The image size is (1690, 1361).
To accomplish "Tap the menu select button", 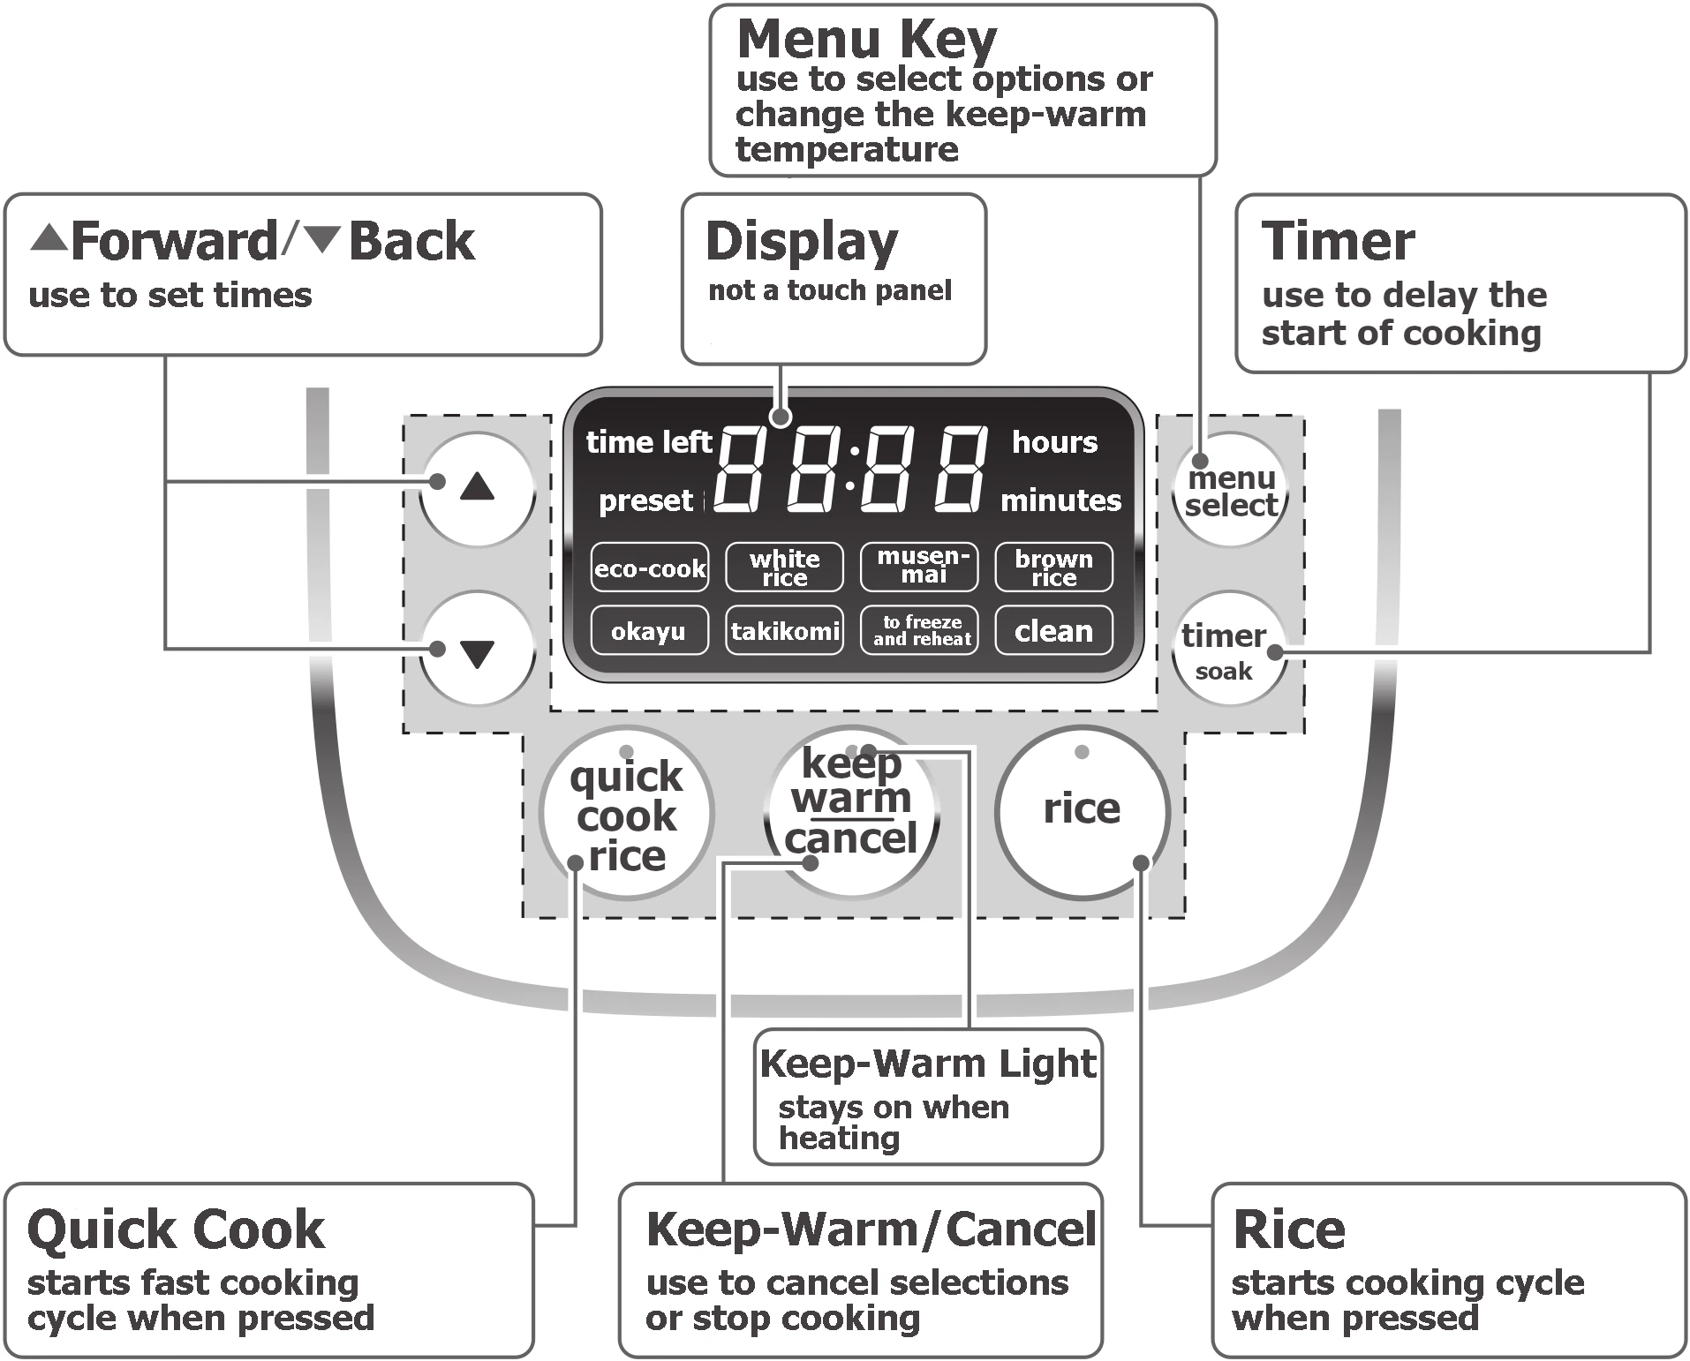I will click(x=1230, y=492).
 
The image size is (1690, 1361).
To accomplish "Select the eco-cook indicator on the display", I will click(x=650, y=568).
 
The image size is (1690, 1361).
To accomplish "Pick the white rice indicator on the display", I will click(x=784, y=568).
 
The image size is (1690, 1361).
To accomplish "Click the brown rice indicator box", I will click(x=1053, y=568).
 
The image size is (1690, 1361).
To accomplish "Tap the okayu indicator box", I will click(x=649, y=630).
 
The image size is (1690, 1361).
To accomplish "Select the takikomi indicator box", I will click(x=784, y=630).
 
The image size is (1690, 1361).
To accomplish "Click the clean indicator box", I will click(x=1053, y=630).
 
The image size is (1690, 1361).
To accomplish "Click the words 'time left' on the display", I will click(x=648, y=441).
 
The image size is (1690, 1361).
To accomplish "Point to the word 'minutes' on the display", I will click(x=1060, y=500).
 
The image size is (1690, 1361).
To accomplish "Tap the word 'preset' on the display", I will click(x=645, y=500).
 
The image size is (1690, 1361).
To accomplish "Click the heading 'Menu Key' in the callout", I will click(x=866, y=40).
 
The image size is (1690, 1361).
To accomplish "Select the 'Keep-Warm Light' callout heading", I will click(x=927, y=1063).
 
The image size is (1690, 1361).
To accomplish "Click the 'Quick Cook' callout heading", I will click(x=176, y=1229).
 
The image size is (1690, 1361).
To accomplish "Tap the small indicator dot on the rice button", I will click(x=1082, y=752).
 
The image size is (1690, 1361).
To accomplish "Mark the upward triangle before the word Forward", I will click(x=49, y=237).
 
